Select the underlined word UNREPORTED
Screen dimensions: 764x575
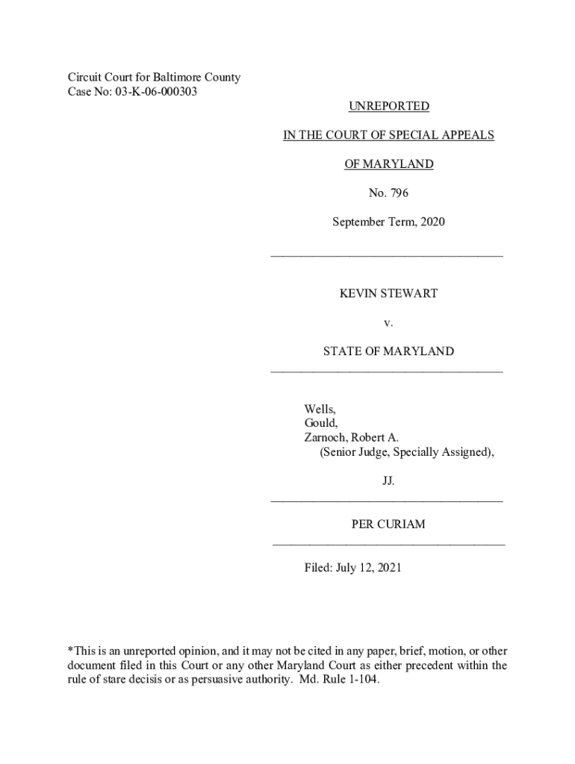388,106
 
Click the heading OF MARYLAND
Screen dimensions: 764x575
388,164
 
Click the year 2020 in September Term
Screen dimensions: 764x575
432,222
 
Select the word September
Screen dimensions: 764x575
359,222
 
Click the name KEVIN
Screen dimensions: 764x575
358,293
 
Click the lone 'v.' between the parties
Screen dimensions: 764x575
388,322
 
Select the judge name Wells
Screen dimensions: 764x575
320,409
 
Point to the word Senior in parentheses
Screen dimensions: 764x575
341,452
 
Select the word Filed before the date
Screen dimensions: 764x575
317,568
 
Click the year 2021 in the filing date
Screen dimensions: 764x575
389,568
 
